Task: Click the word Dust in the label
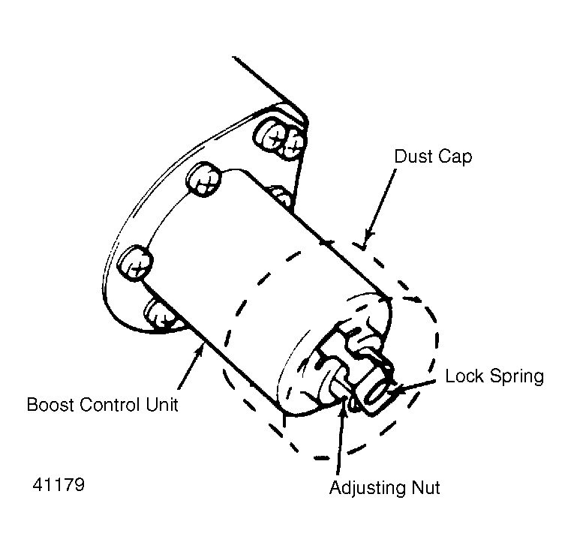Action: (x=414, y=157)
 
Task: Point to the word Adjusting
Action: (x=368, y=489)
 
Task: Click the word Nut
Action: (x=425, y=487)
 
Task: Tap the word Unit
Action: (x=162, y=405)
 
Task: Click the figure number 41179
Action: (x=59, y=484)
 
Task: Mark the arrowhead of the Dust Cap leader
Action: (x=366, y=240)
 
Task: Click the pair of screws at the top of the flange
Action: (x=279, y=139)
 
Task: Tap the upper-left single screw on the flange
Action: (x=203, y=179)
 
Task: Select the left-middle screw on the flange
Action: (x=135, y=262)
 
